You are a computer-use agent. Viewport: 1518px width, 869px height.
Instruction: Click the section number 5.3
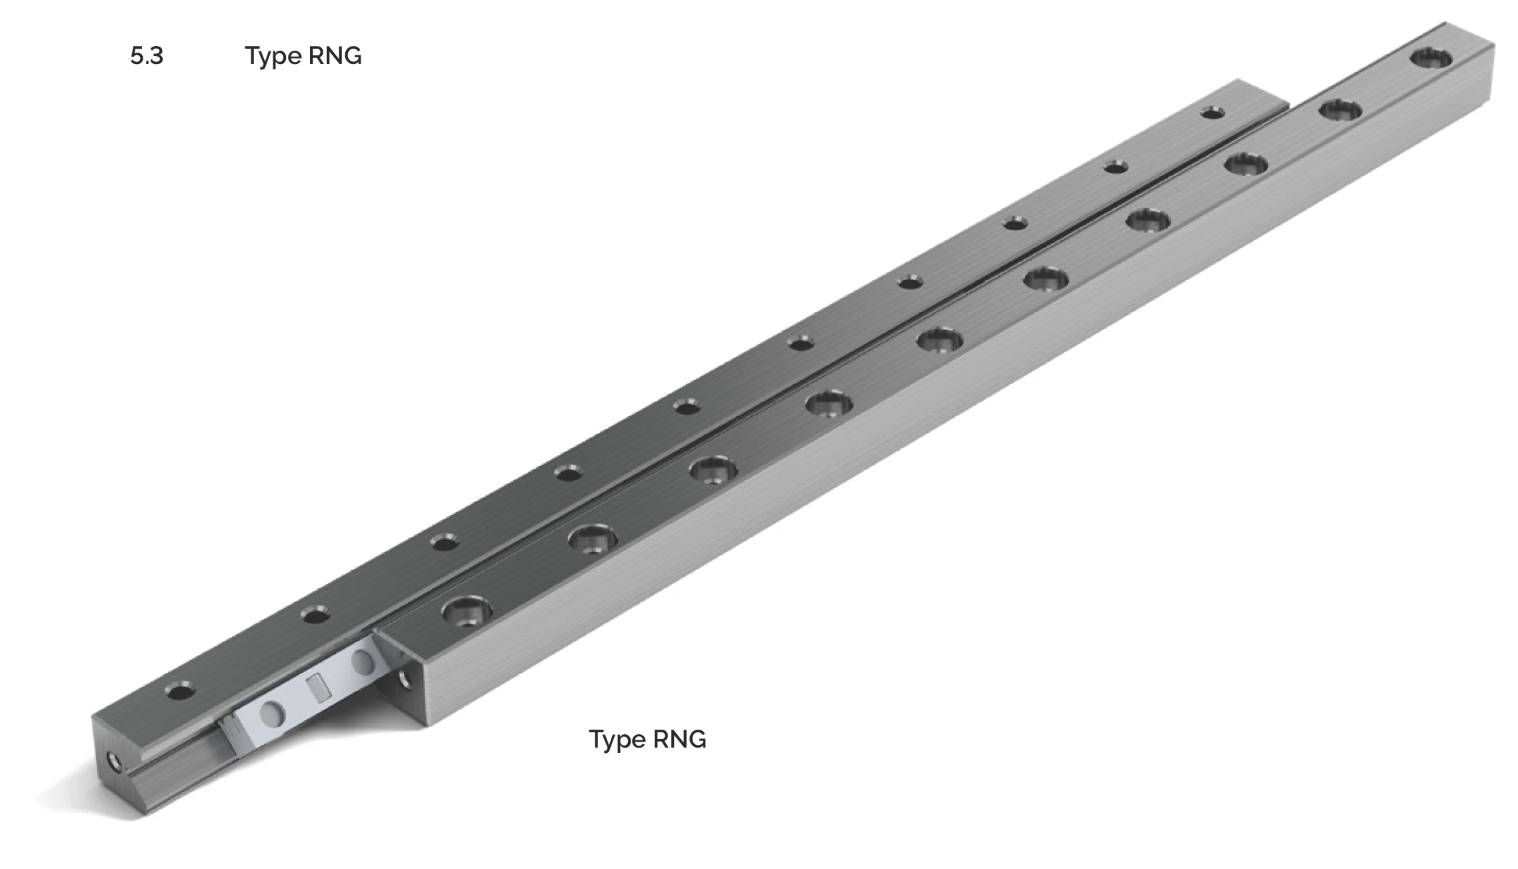(x=147, y=56)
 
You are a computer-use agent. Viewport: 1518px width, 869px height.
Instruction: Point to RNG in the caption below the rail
(x=679, y=739)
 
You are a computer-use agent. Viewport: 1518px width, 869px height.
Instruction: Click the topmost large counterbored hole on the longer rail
(x=1432, y=58)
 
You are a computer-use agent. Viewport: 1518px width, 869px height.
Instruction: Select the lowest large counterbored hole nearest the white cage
(x=467, y=610)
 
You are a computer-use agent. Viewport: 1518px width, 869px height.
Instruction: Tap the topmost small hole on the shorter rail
(x=1213, y=113)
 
